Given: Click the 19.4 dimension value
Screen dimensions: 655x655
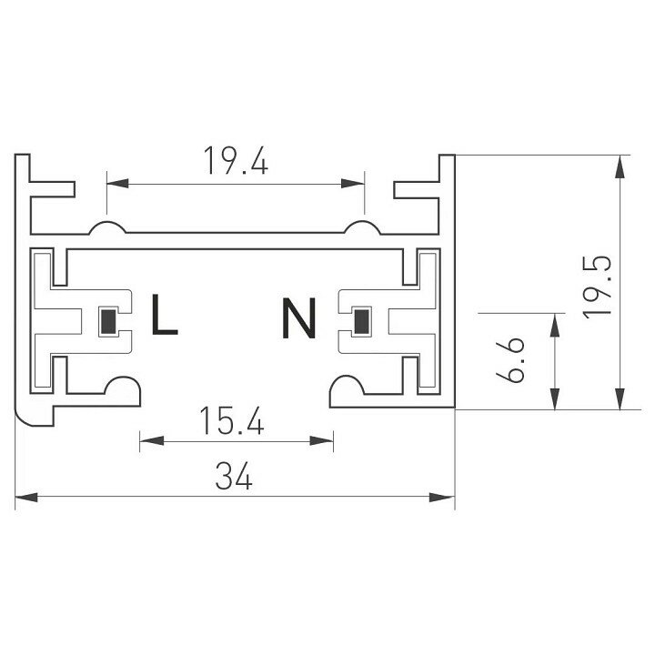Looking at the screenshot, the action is [x=236, y=161].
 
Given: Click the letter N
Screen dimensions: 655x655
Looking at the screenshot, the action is [x=299, y=318].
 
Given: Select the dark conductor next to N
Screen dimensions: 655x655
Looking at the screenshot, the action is [x=361, y=321].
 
